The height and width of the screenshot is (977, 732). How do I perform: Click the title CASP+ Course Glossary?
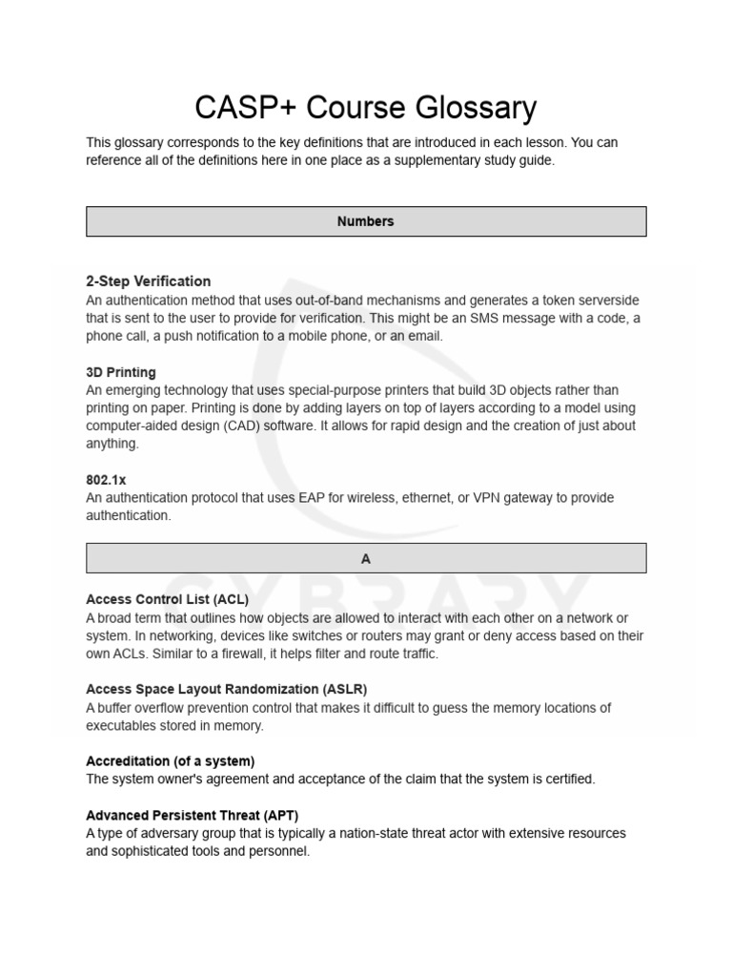coord(366,108)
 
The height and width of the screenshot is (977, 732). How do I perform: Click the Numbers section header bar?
coord(366,221)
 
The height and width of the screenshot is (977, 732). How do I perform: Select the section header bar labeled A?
coord(366,559)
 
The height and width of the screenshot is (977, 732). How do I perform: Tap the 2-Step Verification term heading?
coord(149,281)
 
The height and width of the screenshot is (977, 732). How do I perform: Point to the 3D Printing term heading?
coord(121,372)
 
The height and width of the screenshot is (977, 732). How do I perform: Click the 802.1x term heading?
coord(106,480)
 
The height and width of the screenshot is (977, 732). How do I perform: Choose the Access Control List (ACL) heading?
coord(168,600)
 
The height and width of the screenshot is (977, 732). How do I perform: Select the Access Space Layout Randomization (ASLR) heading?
coord(226,689)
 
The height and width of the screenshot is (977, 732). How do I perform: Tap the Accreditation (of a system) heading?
coord(171,761)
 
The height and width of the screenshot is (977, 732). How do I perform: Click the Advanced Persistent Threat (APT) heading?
coord(192,815)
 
